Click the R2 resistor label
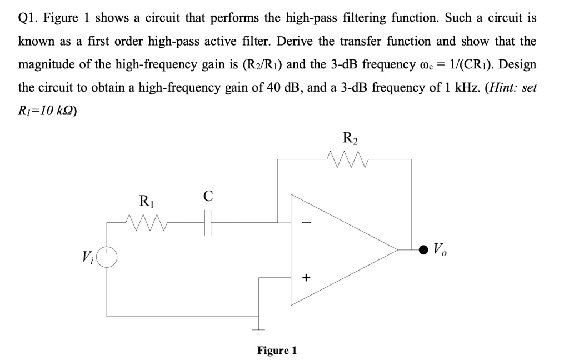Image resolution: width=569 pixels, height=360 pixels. point(350,138)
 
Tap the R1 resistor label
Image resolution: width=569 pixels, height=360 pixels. point(147,201)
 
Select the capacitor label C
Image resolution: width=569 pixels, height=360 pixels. point(208,196)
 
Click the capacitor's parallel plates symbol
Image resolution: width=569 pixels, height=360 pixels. point(208,222)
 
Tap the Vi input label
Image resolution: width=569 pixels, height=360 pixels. point(88,257)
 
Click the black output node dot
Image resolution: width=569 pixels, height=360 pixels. point(423,249)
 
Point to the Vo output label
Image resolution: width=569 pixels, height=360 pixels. point(440,249)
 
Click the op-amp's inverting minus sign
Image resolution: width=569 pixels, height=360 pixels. point(307,221)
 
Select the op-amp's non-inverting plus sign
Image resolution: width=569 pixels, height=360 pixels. point(306,278)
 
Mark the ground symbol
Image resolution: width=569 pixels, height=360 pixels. point(258,331)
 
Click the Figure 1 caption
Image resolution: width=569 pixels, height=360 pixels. point(277,350)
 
